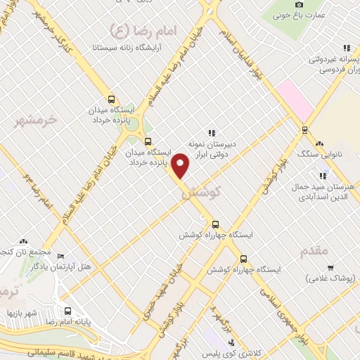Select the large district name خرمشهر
coord(35,121)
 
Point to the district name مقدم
coord(314,250)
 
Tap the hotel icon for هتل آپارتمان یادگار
coord(60,256)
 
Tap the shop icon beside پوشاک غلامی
coord(330,267)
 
